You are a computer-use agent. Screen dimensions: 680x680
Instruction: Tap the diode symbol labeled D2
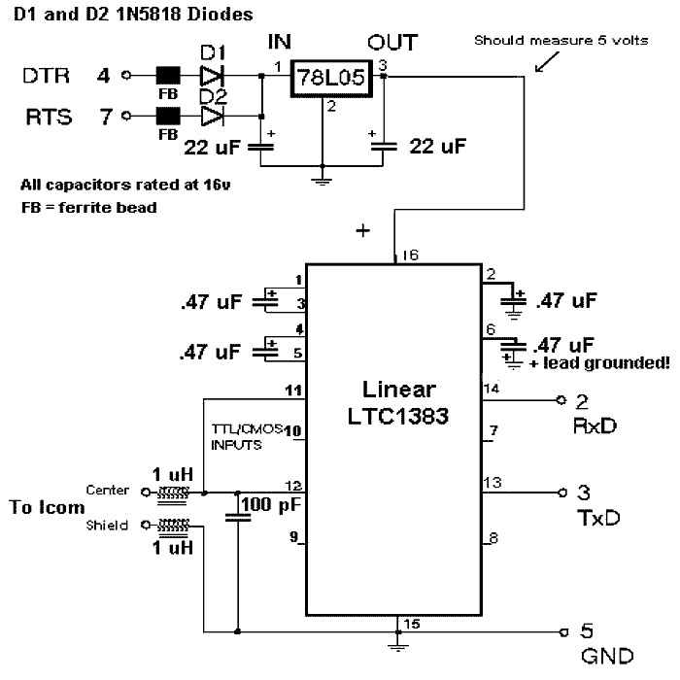tap(211, 117)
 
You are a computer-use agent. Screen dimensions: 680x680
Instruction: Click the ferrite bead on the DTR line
tap(167, 74)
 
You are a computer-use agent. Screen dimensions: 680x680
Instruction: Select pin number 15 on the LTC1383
tap(411, 623)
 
